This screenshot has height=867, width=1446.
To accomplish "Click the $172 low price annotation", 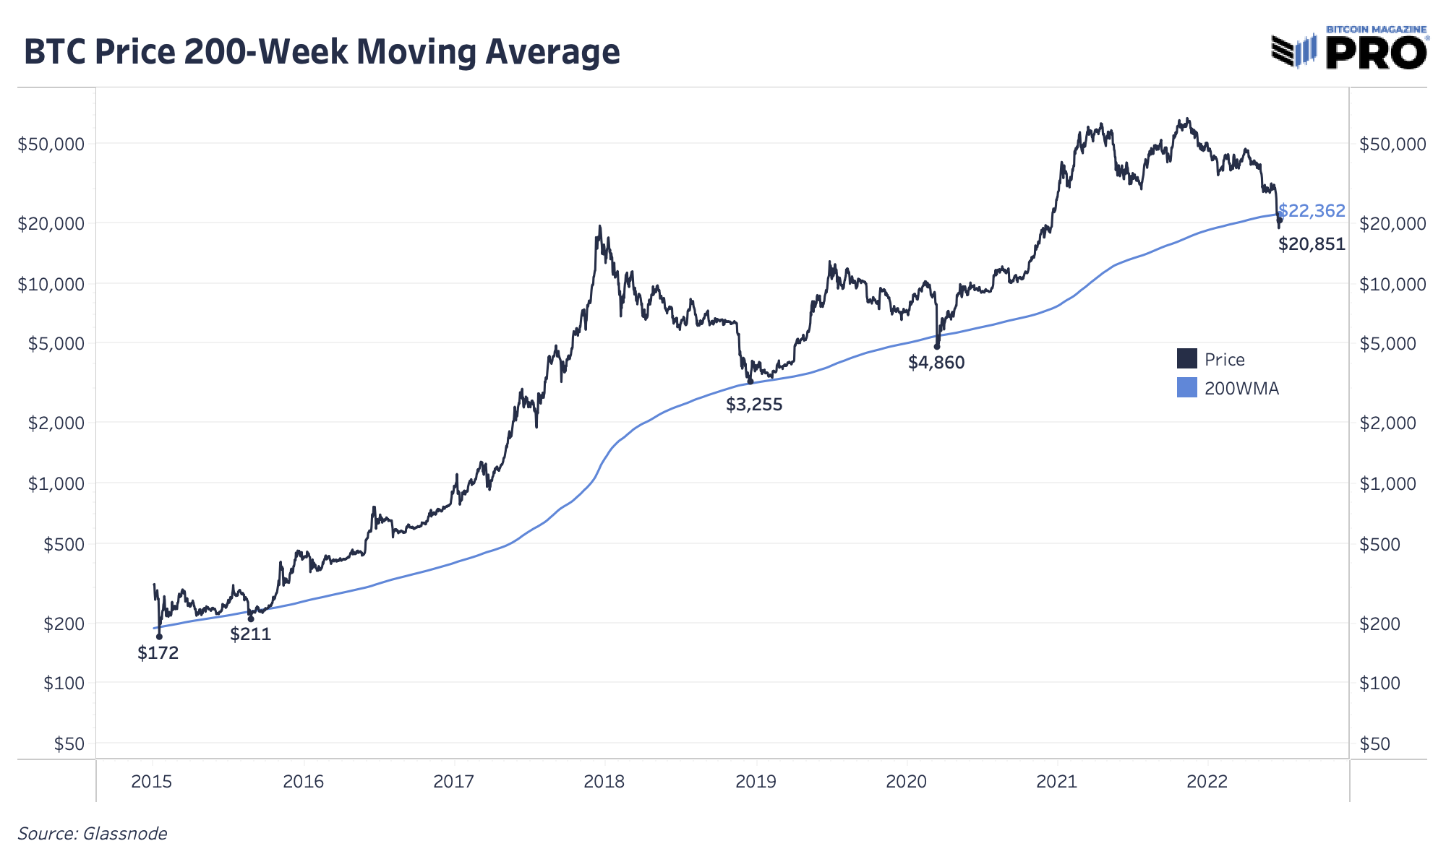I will [158, 653].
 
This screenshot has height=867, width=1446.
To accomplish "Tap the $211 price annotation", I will [250, 634].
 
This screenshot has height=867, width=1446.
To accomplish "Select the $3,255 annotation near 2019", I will [754, 405].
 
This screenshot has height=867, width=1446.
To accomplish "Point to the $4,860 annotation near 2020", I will [936, 363].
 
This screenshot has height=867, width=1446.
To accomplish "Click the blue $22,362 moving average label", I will [1312, 210].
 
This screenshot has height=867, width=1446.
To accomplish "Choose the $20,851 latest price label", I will [1312, 244].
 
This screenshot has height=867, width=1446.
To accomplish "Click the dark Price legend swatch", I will [1186, 359].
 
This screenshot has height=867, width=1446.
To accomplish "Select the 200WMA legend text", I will [1241, 389].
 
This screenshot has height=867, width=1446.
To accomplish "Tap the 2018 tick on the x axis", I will [604, 781].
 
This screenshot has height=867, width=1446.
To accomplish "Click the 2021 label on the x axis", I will [1056, 781].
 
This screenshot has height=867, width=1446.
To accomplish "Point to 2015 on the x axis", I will [152, 781].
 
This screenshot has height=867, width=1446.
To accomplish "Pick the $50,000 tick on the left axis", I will [51, 144].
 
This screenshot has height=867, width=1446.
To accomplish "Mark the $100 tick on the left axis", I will [64, 683].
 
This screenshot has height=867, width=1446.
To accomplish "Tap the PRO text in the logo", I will [1376, 53].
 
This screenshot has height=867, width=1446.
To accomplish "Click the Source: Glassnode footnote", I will [92, 834].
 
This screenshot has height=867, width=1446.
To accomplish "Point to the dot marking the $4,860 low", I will [937, 347].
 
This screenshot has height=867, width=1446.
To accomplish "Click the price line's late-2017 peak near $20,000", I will [599, 227].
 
